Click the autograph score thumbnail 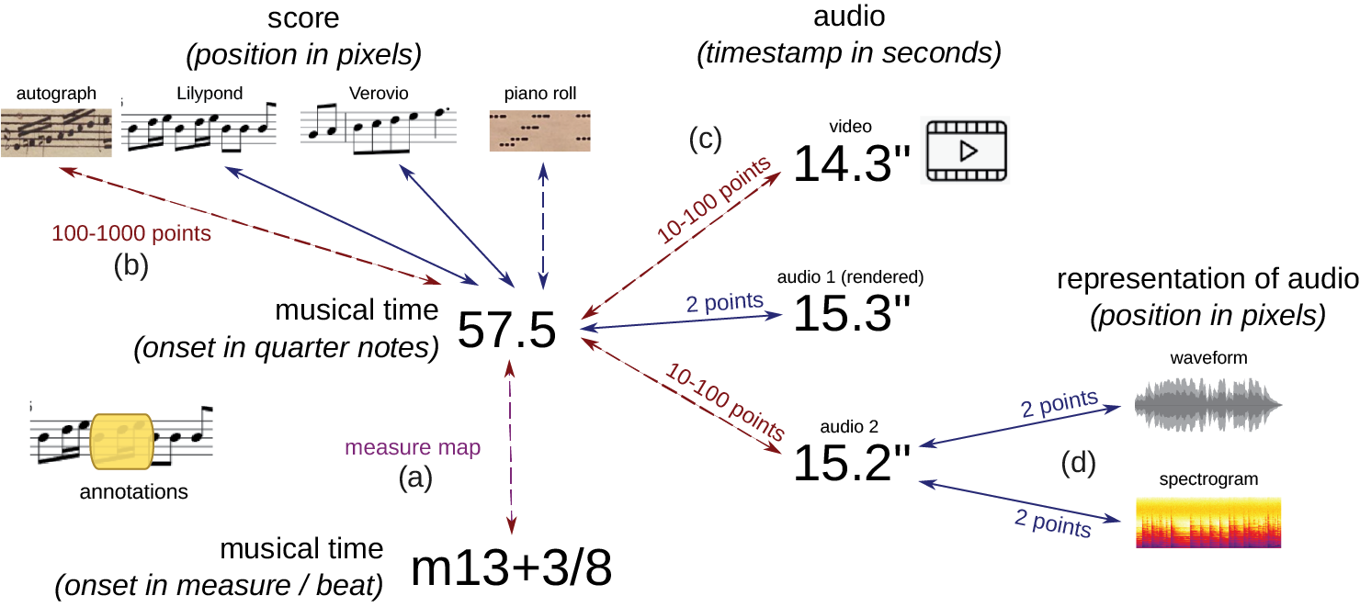click(x=57, y=132)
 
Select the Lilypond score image click(x=199, y=129)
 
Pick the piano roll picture click(x=540, y=129)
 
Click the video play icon click(x=966, y=152)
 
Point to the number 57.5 click(x=506, y=331)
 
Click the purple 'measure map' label click(x=413, y=449)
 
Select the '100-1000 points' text click(x=130, y=234)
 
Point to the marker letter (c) click(x=706, y=139)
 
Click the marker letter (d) click(x=1078, y=465)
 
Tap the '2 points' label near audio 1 click(x=725, y=300)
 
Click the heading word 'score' click(x=304, y=18)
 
